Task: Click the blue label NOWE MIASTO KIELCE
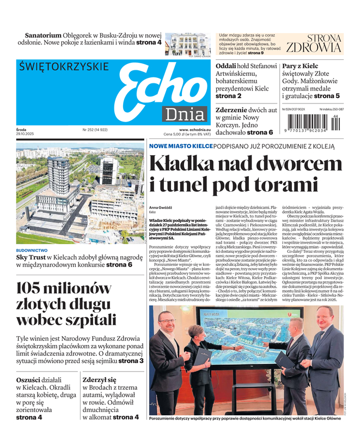(181, 146)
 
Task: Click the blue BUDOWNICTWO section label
(32, 250)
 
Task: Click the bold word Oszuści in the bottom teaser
(30, 379)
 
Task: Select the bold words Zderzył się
(100, 379)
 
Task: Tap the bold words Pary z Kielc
(300, 66)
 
